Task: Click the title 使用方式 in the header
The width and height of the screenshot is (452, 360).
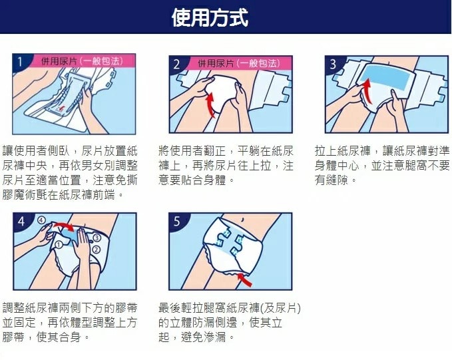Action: pos(210,17)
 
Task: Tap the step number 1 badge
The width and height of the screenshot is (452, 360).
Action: pos(21,63)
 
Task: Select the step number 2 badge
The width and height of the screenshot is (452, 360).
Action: pos(177,64)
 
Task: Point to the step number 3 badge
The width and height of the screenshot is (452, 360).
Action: pos(333,64)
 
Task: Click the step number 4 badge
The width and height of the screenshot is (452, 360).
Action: pos(21,222)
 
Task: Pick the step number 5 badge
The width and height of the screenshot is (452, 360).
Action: pos(177,222)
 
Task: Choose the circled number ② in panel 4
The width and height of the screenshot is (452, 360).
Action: pos(97,249)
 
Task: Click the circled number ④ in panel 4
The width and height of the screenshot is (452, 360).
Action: pos(41,220)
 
